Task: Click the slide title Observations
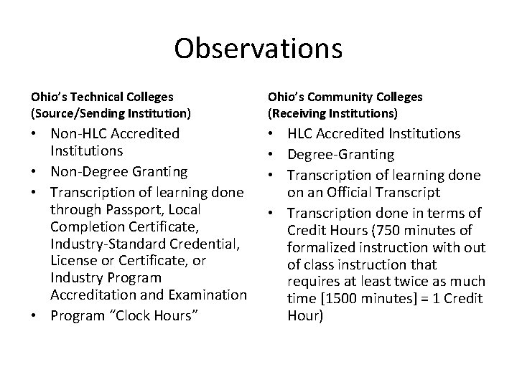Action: coord(258,48)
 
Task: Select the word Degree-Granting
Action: coord(340,153)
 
